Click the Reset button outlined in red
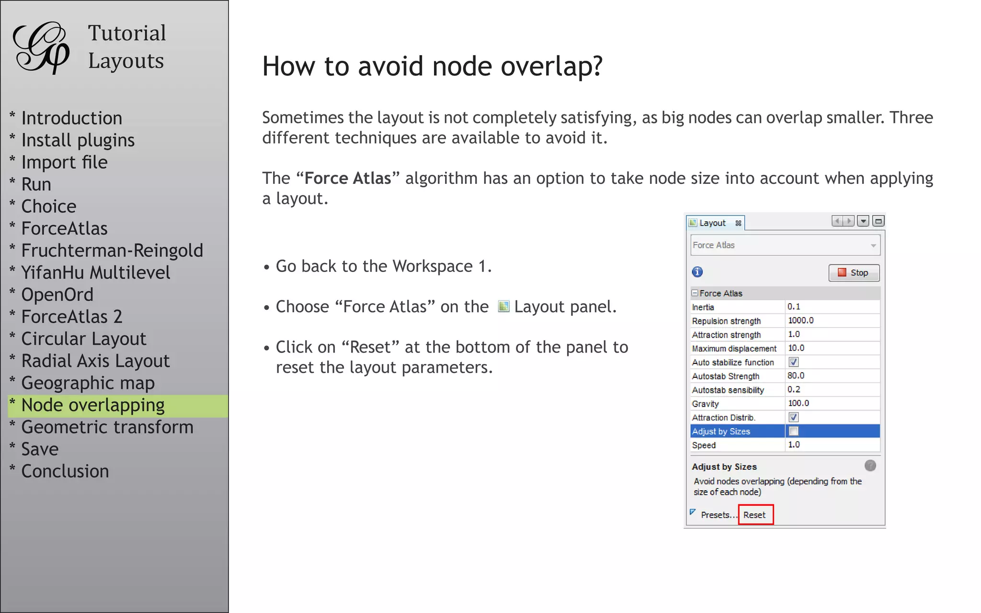coord(755,515)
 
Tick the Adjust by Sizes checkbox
coord(794,431)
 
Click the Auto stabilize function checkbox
coord(794,362)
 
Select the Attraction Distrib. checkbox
coord(794,417)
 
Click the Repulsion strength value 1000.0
coord(800,320)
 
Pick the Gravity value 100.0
coord(798,403)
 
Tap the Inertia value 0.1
coord(794,306)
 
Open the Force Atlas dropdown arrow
coord(873,246)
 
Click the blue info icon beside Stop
coord(697,272)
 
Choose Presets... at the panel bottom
coord(715,515)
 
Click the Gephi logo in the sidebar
coord(41,48)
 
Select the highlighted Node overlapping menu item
coord(93,406)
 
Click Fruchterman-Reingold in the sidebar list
coord(112,250)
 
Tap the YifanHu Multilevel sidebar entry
coord(96,272)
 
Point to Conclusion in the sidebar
coord(65,471)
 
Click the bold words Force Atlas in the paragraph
coord(348,178)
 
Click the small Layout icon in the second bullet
coord(503,306)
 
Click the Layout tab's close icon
coord(738,223)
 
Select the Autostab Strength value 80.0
coord(796,376)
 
